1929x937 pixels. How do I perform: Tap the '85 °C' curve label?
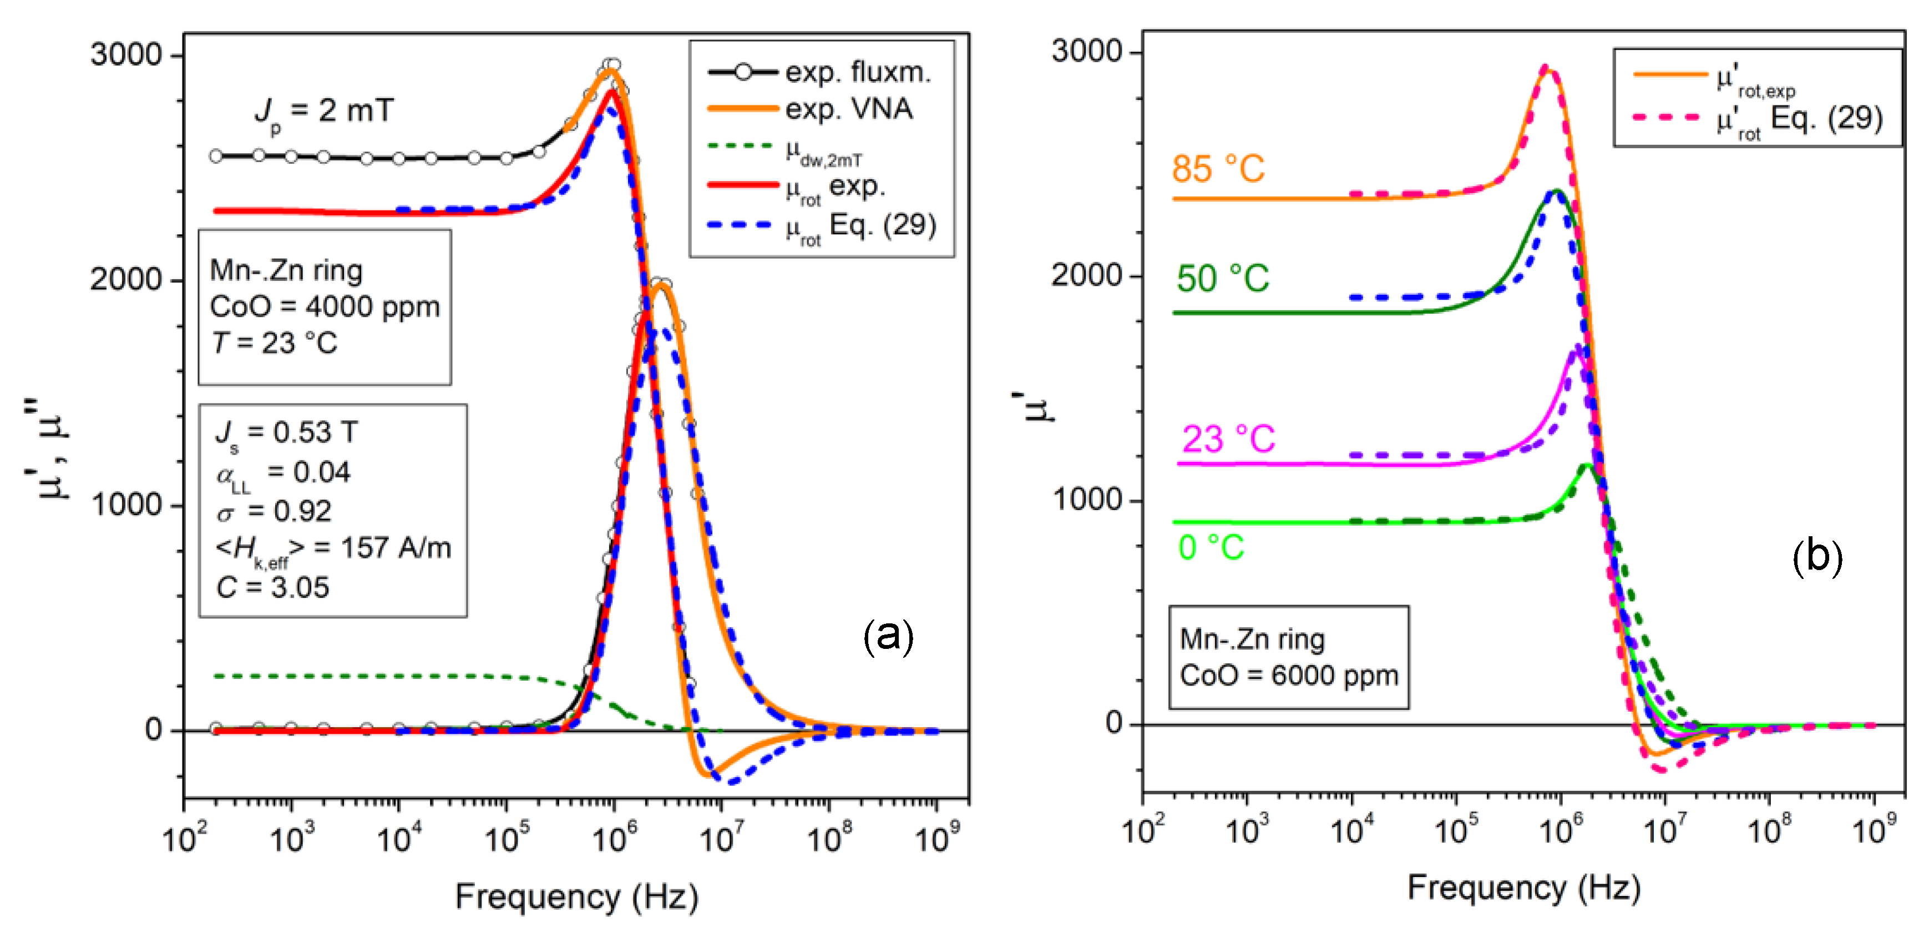1218,169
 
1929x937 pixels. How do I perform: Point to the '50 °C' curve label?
1222,279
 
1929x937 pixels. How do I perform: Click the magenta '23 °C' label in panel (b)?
1228,439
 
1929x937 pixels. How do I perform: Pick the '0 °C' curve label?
1211,547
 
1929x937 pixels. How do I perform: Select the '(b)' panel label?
1817,557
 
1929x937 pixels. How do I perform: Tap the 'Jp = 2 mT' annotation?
323,112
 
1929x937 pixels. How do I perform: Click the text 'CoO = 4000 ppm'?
324,307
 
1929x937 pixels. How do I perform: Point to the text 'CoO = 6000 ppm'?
1289,676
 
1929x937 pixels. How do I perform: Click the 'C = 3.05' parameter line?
272,587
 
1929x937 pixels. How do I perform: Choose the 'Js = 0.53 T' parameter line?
287,433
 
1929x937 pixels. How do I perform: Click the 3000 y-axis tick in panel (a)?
126,55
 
